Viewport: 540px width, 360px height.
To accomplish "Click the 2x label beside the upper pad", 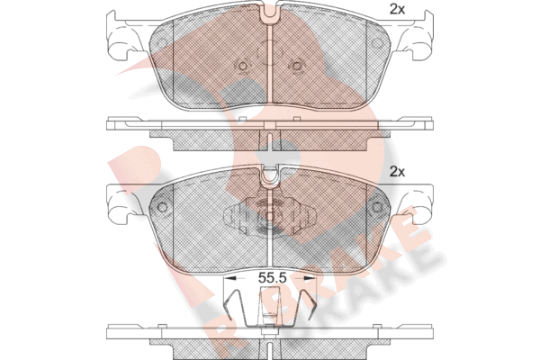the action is pos(397,9).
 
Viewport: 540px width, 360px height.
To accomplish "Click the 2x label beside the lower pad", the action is pos(397,171).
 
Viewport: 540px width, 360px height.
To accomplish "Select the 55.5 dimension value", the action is pos(273,278).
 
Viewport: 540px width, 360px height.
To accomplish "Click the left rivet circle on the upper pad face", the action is pos(243,66).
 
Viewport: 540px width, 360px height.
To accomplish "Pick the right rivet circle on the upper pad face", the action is pos(296,66).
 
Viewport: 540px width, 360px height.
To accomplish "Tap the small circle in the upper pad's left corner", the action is pos(161,43).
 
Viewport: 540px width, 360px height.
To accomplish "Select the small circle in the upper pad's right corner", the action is pos(377,43).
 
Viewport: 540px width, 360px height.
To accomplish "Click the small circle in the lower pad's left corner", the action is pos(162,207).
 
